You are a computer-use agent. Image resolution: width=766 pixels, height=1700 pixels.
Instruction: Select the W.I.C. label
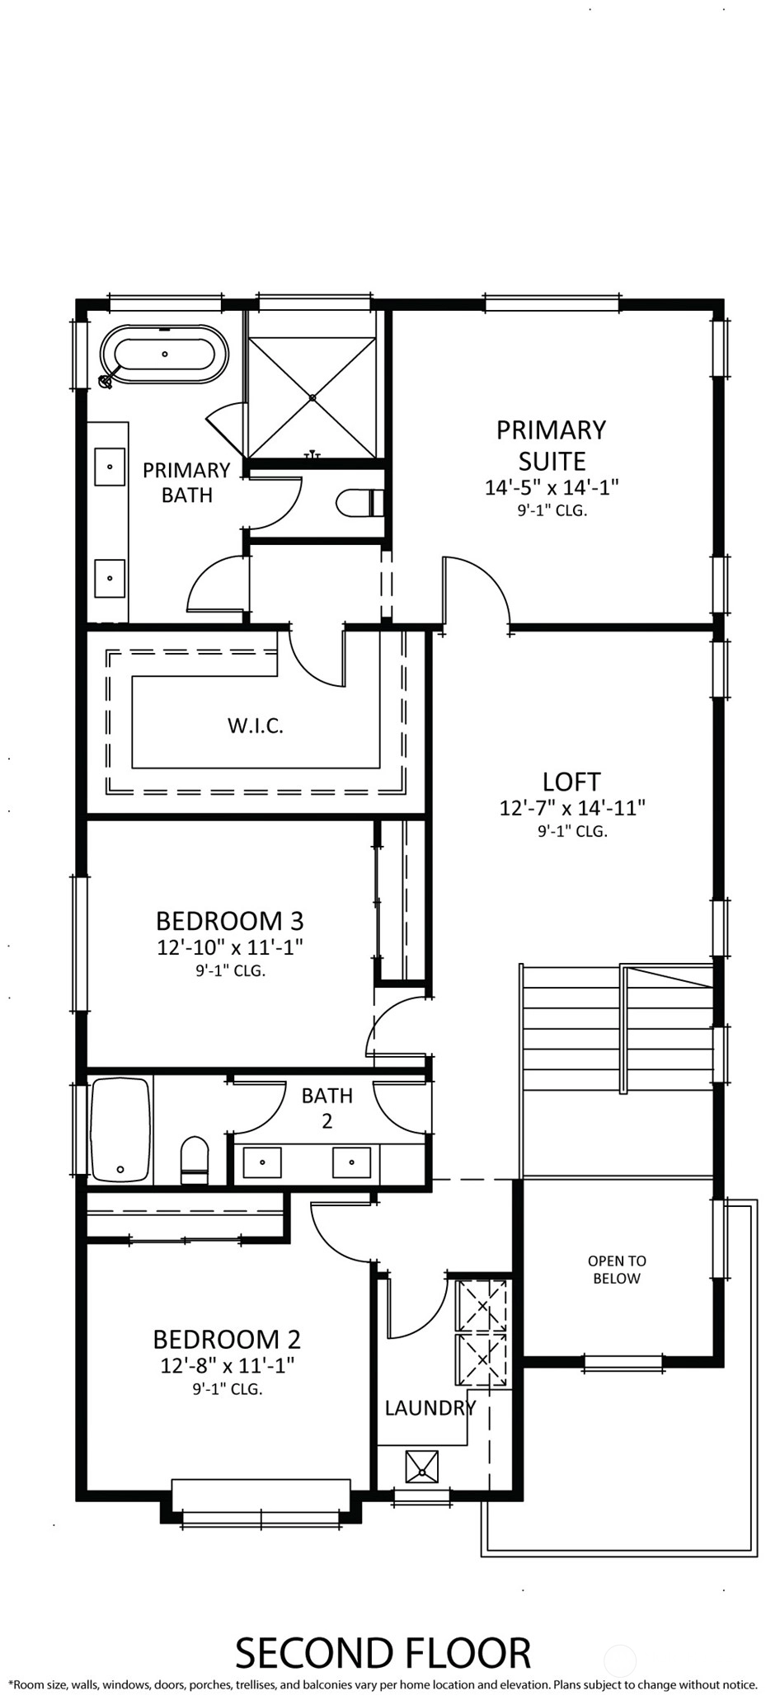(255, 726)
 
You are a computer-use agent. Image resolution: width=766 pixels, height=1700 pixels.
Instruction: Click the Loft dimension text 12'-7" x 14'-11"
(571, 807)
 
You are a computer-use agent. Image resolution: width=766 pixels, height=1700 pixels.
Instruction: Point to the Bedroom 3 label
(230, 919)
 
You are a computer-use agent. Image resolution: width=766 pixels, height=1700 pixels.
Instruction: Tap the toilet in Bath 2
(195, 1160)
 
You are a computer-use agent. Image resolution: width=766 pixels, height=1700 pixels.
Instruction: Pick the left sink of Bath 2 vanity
(262, 1162)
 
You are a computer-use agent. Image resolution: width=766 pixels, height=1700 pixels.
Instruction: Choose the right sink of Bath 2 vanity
(351, 1162)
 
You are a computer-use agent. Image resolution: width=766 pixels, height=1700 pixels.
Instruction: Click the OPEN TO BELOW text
(617, 1270)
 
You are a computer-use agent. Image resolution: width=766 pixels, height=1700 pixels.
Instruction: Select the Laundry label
(430, 1407)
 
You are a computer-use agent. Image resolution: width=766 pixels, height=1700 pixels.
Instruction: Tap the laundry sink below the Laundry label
(421, 1467)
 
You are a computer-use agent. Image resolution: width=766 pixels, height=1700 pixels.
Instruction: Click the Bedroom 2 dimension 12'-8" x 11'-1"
(227, 1365)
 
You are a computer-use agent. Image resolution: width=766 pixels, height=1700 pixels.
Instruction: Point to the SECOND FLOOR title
(383, 1653)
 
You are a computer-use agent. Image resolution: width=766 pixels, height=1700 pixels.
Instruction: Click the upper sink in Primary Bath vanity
(110, 467)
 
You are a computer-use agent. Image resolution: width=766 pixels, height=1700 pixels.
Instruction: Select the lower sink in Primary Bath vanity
(110, 578)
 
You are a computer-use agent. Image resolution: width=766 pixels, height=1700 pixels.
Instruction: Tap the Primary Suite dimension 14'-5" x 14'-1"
(552, 486)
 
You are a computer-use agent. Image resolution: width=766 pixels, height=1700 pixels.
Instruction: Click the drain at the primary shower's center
(313, 398)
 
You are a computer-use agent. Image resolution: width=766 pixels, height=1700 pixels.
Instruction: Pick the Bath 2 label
(327, 1107)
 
